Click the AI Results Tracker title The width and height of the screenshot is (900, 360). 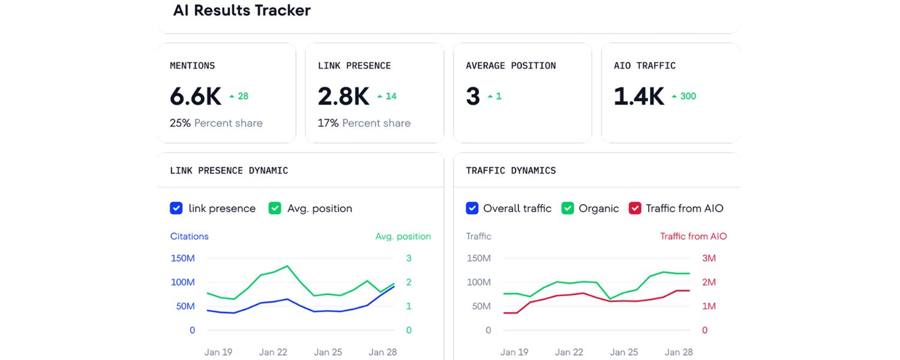(242, 10)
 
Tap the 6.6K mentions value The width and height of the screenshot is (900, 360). (195, 96)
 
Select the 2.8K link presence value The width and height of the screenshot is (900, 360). (343, 96)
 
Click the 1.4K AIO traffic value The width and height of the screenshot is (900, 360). (639, 96)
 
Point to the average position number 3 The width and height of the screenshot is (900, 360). (473, 96)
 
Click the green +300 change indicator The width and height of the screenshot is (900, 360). (684, 96)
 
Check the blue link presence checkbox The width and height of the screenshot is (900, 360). (176, 208)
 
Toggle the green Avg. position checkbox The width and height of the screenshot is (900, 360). (275, 208)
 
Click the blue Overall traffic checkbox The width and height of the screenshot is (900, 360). (472, 208)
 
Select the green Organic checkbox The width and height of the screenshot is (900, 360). (568, 208)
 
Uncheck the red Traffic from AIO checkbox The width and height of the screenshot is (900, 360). (635, 208)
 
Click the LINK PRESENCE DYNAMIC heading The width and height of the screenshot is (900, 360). (229, 170)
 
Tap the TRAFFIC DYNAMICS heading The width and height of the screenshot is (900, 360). (511, 170)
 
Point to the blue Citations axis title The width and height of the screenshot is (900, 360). (189, 236)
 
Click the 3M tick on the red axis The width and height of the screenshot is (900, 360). (709, 259)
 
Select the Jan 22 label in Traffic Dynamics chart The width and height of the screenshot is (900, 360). (568, 352)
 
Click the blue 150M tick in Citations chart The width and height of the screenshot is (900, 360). (182, 259)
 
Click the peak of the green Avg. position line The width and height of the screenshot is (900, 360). (287, 266)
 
